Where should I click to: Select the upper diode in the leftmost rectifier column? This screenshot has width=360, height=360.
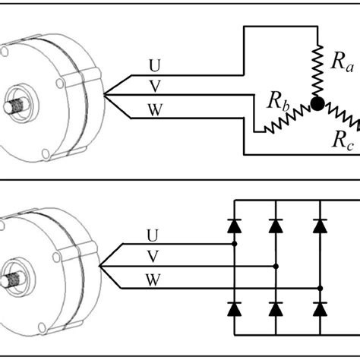tap(235, 225)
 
